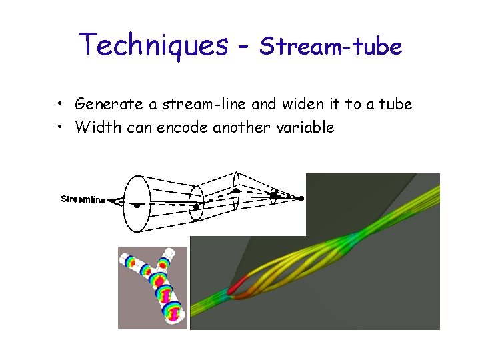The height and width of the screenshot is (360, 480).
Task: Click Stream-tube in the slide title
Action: click(x=331, y=47)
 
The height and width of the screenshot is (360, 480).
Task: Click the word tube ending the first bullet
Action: click(x=397, y=104)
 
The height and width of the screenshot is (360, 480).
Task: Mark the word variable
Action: click(x=306, y=127)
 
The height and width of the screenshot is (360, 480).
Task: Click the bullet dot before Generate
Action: click(x=61, y=104)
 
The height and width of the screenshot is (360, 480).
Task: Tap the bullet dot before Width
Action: click(x=61, y=127)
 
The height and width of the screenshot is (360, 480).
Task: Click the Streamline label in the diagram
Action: click(x=83, y=199)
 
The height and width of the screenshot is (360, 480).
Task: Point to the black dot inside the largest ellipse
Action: click(x=137, y=205)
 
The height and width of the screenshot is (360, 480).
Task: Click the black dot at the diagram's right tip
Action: click(x=301, y=198)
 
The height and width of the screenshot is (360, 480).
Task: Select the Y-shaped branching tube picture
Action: click(x=153, y=287)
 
